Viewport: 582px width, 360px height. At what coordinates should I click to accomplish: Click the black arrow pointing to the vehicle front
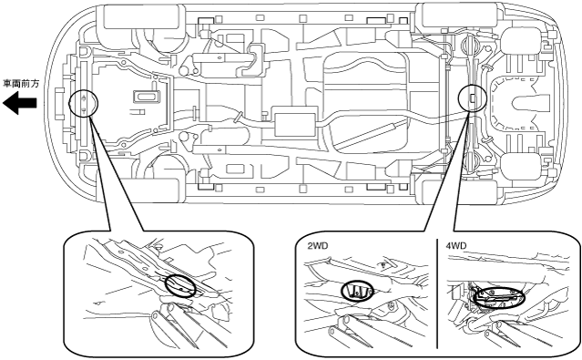pyautogui.click(x=19, y=103)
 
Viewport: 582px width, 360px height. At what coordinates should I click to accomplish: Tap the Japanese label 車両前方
pyautogui.click(x=21, y=84)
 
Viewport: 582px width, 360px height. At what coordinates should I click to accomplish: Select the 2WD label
pyautogui.click(x=317, y=246)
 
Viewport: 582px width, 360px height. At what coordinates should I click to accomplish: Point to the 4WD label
pyautogui.click(x=456, y=245)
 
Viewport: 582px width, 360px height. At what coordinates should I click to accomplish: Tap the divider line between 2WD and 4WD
pyautogui.click(x=437, y=293)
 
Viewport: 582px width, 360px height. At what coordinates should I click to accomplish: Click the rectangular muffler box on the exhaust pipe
pyautogui.click(x=295, y=121)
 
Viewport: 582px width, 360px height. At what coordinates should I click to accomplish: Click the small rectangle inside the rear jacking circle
pyautogui.click(x=473, y=98)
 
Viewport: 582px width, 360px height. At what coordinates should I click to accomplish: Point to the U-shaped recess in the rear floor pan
pyautogui.click(x=528, y=102)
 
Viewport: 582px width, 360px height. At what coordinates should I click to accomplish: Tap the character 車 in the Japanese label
pyautogui.click(x=8, y=84)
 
